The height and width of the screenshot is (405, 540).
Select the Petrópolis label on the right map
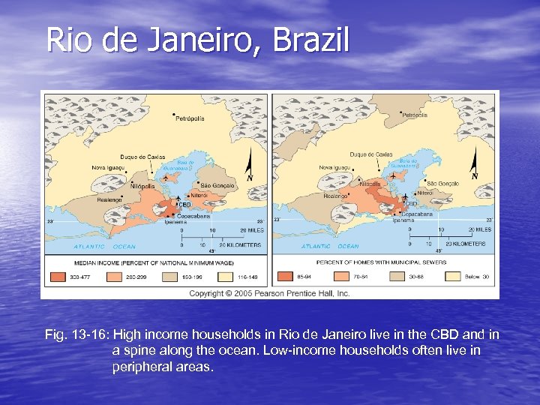415,115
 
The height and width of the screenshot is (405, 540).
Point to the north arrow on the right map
474,163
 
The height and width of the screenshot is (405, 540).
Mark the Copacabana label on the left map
192,215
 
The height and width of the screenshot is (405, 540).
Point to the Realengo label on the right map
337,195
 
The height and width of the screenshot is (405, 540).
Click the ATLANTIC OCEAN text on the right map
330,246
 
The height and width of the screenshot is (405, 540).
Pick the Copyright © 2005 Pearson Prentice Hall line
269,293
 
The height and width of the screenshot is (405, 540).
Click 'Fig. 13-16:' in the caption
77,334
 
